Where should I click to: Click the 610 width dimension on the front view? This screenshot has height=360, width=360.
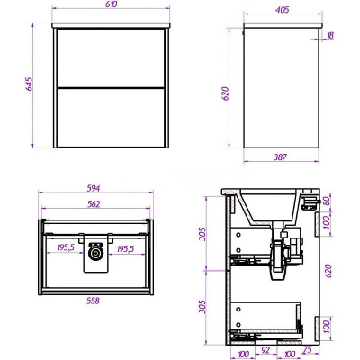111,4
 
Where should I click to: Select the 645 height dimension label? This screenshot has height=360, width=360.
29,85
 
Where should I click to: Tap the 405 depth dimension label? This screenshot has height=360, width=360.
283,10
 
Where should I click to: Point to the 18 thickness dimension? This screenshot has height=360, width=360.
329,36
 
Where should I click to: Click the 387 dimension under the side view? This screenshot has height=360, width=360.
280,157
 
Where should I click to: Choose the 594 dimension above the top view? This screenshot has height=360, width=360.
94,188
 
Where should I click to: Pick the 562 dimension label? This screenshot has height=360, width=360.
94,204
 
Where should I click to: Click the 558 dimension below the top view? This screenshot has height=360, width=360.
93,301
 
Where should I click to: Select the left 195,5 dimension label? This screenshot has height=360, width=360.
66,248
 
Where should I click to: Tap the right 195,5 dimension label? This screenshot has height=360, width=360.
125,248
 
